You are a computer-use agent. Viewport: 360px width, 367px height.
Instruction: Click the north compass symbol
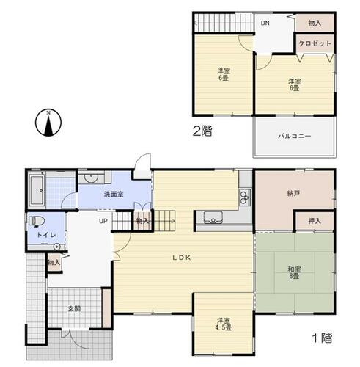point(48,123)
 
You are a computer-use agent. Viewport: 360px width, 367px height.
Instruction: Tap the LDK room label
point(182,258)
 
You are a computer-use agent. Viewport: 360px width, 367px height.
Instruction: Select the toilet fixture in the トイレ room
point(37,221)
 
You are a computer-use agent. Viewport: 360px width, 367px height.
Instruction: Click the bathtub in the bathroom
point(37,190)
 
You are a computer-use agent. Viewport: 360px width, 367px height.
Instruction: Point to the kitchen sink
point(213,217)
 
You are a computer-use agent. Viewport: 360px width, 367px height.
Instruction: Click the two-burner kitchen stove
point(245,197)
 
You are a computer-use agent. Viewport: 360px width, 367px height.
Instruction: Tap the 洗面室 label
point(114,195)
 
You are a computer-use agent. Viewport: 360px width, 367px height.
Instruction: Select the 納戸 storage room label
point(293,193)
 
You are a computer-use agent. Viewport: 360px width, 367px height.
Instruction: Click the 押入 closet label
point(315,221)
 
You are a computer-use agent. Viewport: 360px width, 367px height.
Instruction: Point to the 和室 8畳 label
point(294,273)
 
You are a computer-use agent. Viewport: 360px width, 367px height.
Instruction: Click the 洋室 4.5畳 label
point(224,324)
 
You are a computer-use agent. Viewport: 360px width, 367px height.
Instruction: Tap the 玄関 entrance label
point(74,309)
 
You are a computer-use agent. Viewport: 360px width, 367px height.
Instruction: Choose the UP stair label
point(103,221)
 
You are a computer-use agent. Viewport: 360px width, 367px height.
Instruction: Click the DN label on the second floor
point(265,23)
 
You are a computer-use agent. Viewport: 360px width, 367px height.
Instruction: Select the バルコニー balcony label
point(295,136)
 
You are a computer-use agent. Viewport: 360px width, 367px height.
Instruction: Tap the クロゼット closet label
point(315,43)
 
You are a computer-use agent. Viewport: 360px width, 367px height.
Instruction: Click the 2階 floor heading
point(202,131)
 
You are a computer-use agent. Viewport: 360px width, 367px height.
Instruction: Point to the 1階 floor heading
point(323,338)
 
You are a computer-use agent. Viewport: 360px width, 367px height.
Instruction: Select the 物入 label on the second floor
point(315,23)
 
